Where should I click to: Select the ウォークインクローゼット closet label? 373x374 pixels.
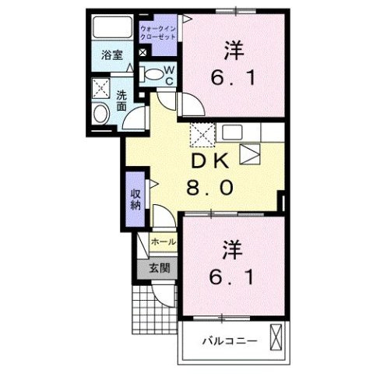coord(160,34)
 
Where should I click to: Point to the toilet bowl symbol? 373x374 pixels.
coord(154,76)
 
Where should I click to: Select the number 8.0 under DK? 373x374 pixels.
coord(208,188)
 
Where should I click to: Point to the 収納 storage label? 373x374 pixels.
coord(135,199)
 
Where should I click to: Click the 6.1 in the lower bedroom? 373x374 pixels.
coord(232,277)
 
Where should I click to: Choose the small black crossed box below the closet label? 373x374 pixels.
coord(143,53)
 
